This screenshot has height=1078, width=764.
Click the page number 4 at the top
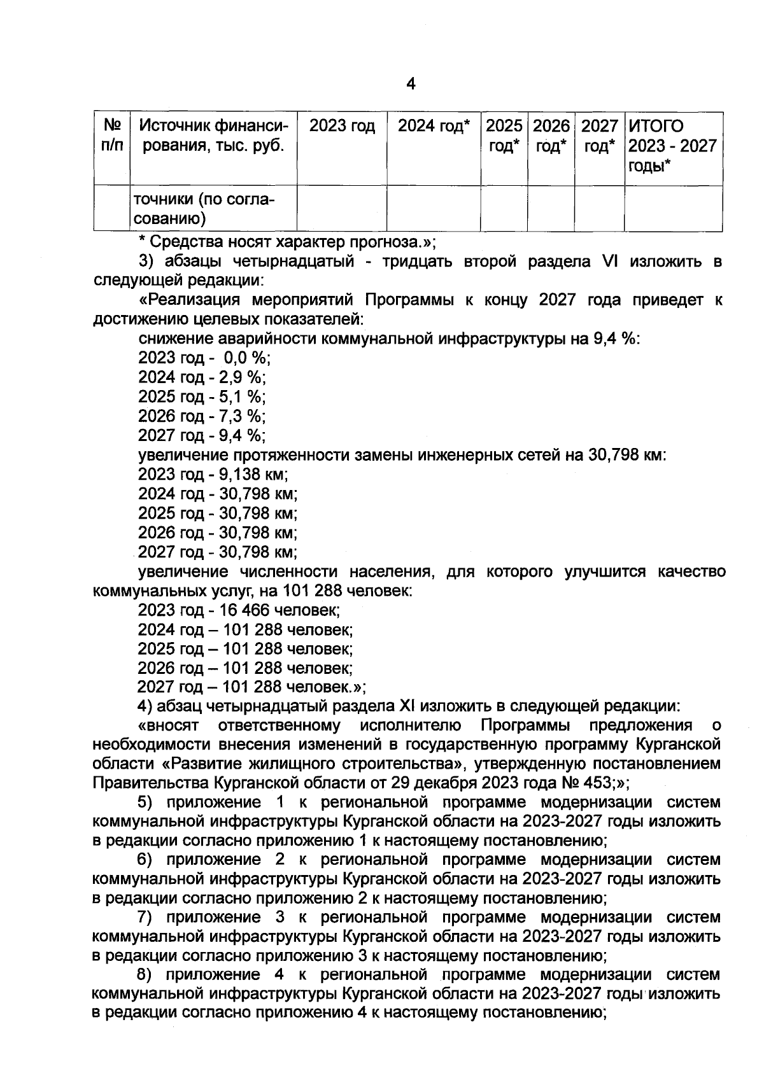411,84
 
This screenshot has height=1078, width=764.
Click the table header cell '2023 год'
342,127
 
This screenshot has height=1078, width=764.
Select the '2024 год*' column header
434,127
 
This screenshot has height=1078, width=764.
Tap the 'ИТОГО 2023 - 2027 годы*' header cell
672,145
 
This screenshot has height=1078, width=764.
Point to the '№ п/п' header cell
112,136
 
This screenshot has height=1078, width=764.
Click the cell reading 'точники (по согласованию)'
204,209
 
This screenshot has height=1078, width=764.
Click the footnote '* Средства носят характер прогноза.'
286,242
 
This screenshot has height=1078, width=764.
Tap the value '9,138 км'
253,474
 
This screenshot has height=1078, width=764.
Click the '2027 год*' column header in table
599,136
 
